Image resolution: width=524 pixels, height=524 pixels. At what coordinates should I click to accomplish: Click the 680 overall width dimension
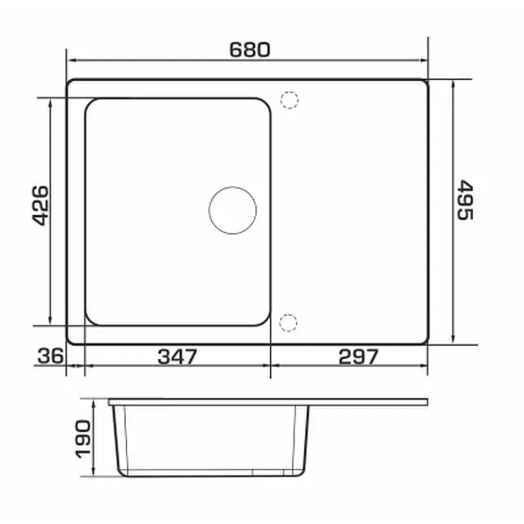tap(250, 50)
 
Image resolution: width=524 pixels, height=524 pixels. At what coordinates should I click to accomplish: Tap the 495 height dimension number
tap(465, 200)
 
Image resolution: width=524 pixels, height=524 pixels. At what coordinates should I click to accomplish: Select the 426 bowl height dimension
tap(40, 206)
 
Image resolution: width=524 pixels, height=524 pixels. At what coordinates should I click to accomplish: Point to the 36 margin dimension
tap(50, 356)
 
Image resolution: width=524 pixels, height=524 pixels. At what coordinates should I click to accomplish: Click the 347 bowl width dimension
tap(177, 356)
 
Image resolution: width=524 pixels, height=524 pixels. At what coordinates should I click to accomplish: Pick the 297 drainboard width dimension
tap(358, 356)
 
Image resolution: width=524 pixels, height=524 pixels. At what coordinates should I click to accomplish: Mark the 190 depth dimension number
tap(83, 439)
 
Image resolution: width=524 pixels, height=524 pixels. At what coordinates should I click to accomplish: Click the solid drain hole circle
tap(233, 210)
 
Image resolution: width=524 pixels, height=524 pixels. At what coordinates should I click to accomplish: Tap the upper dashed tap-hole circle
tap(290, 100)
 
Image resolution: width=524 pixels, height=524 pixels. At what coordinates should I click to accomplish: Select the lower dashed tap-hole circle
tap(288, 323)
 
